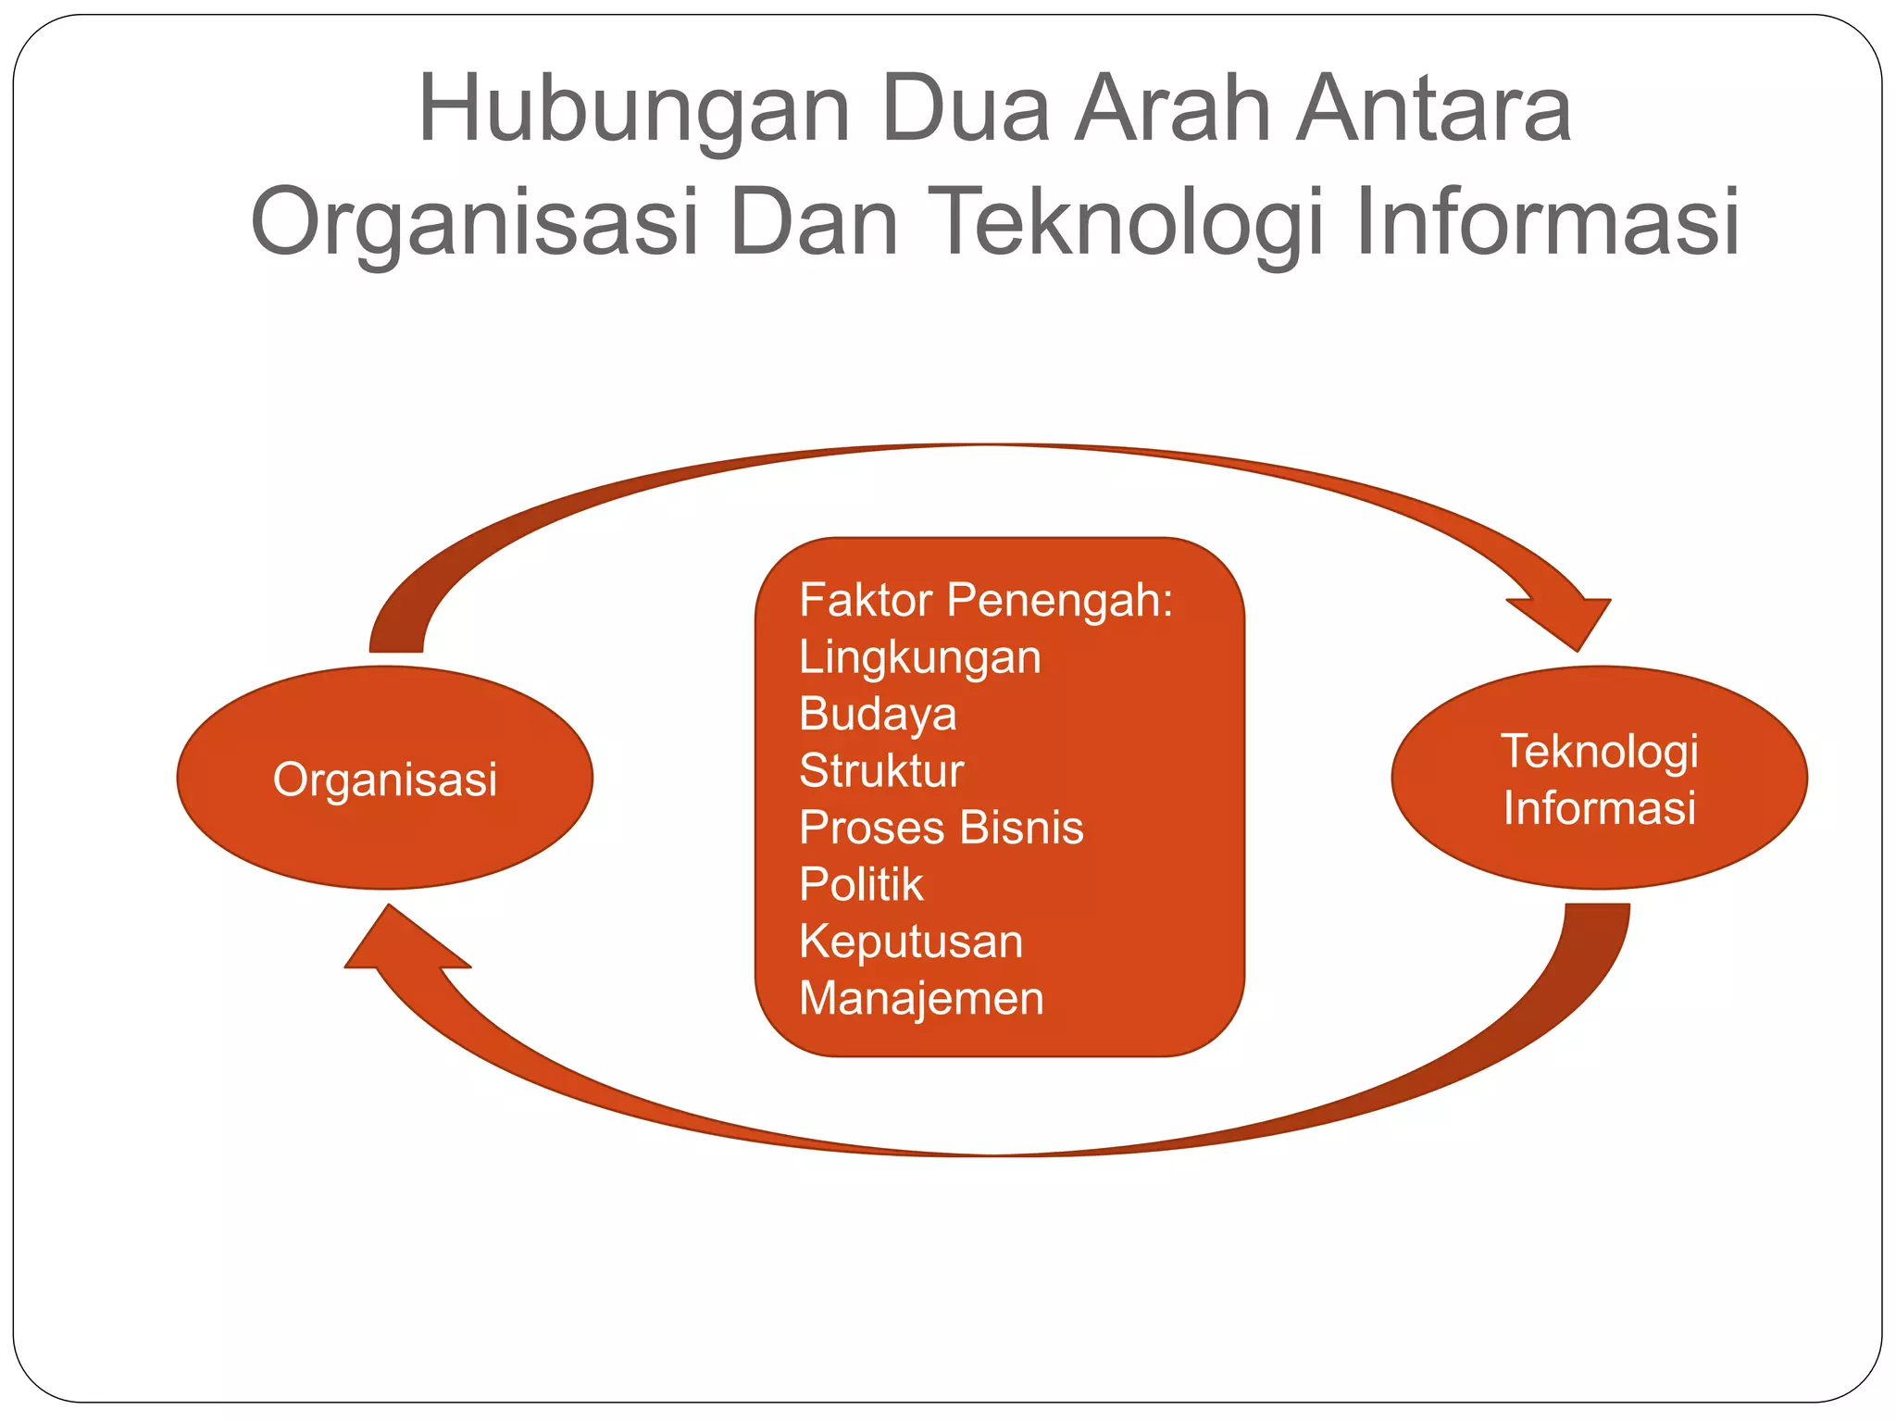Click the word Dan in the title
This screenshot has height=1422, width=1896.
814,223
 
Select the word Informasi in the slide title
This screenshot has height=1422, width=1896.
1546,223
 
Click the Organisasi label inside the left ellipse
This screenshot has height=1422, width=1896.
385,780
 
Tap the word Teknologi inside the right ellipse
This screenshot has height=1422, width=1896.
1599,751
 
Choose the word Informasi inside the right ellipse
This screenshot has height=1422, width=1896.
1599,807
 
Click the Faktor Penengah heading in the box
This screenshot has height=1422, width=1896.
985,600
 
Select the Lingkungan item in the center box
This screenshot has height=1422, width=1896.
919,657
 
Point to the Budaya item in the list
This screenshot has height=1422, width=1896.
877,714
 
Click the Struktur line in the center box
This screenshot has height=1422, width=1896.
880,771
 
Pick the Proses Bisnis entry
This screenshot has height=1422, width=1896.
941,828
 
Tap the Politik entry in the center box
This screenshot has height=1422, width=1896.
860,884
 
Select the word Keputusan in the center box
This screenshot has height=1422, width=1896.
910,942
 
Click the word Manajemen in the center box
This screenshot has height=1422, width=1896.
920,998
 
